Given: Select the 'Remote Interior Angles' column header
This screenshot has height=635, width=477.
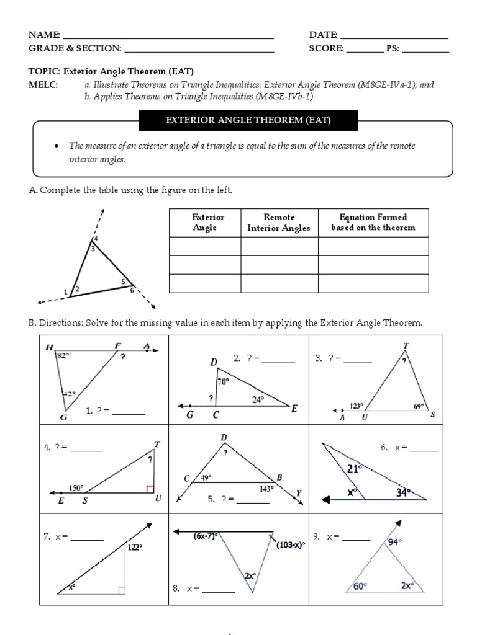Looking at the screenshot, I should (x=279, y=223).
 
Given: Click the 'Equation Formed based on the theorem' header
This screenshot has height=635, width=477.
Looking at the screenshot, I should (x=373, y=223).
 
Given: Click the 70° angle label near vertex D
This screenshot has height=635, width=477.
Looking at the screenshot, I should (x=224, y=382).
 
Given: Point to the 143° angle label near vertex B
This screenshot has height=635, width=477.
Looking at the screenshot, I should (x=266, y=487).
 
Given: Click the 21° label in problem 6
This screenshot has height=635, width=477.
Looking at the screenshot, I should (x=355, y=469).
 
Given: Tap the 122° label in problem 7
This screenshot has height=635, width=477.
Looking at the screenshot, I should (x=135, y=547).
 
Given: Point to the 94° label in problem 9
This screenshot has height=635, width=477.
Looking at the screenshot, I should (x=396, y=541).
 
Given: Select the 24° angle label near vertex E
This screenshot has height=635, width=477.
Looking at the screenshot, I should (x=259, y=400).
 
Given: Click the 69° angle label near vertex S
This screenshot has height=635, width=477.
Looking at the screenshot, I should (x=419, y=406).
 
